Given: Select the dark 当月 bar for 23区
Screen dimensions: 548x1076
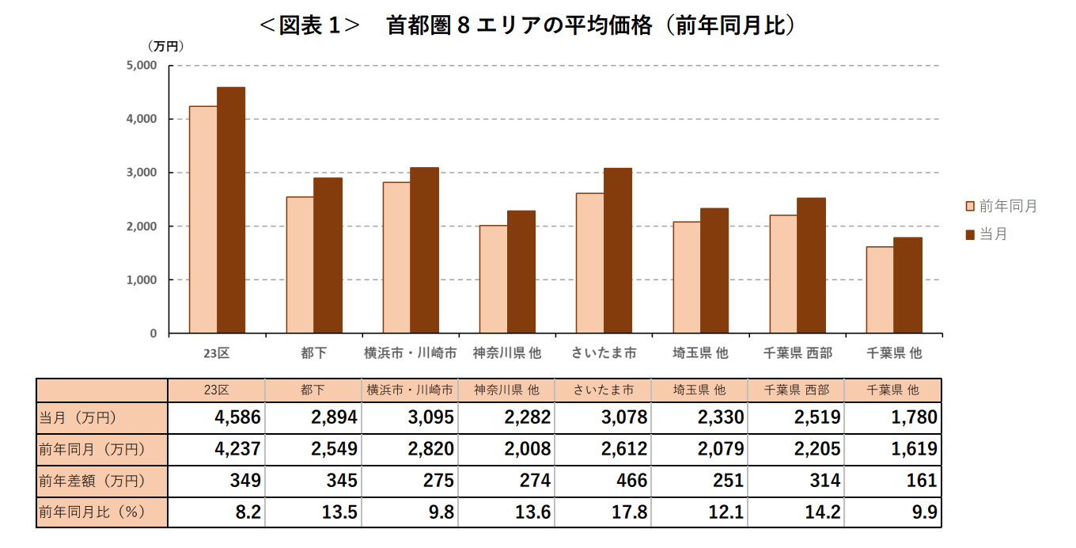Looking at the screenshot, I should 231,210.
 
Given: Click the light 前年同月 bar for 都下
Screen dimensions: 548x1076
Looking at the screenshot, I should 300,264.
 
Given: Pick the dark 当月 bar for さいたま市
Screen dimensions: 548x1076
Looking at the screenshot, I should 617,250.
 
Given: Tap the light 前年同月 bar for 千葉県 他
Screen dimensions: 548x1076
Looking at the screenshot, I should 880,290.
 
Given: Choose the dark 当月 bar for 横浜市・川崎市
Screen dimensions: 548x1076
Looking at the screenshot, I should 424,250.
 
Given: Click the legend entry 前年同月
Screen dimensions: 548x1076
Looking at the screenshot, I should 1001,207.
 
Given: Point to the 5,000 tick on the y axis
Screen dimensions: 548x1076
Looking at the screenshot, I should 142,66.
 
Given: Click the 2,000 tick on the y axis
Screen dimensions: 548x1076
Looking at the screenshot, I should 142,226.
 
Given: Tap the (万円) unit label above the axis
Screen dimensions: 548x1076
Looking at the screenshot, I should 165,46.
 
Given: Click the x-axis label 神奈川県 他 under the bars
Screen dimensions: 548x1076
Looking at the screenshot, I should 507,353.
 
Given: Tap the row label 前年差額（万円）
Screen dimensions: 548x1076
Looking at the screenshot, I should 92,481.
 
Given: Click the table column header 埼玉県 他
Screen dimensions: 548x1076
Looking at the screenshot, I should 699,390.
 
